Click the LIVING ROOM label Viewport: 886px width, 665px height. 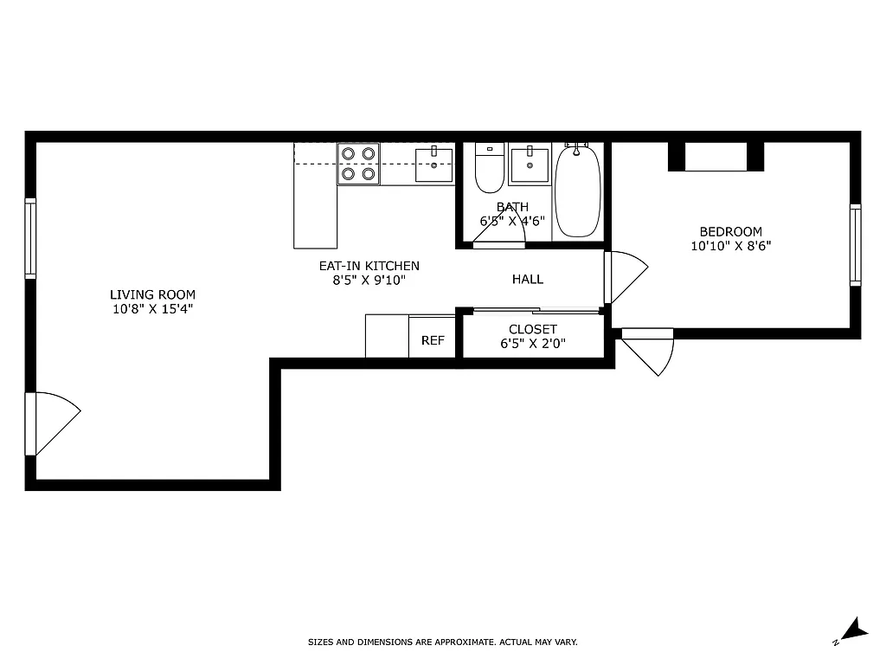click(x=152, y=294)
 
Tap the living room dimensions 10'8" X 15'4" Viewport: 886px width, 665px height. click(x=152, y=309)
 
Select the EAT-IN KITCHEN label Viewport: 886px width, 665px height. click(x=369, y=266)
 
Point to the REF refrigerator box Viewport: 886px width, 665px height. click(x=433, y=340)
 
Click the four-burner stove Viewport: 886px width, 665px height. click(x=358, y=164)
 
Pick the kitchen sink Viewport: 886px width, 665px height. click(x=433, y=165)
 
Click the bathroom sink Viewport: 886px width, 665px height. click(x=529, y=165)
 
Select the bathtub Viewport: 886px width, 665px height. click(x=577, y=191)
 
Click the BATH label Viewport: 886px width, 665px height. click(x=512, y=207)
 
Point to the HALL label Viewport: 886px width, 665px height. click(x=528, y=279)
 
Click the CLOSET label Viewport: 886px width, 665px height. click(x=533, y=329)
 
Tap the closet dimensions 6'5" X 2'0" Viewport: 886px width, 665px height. click(x=533, y=344)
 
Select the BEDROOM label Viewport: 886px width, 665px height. click(x=731, y=231)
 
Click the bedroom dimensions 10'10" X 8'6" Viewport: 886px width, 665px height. click(x=731, y=246)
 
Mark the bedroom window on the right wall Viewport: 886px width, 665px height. click(x=855, y=245)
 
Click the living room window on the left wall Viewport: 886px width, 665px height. click(x=30, y=238)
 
